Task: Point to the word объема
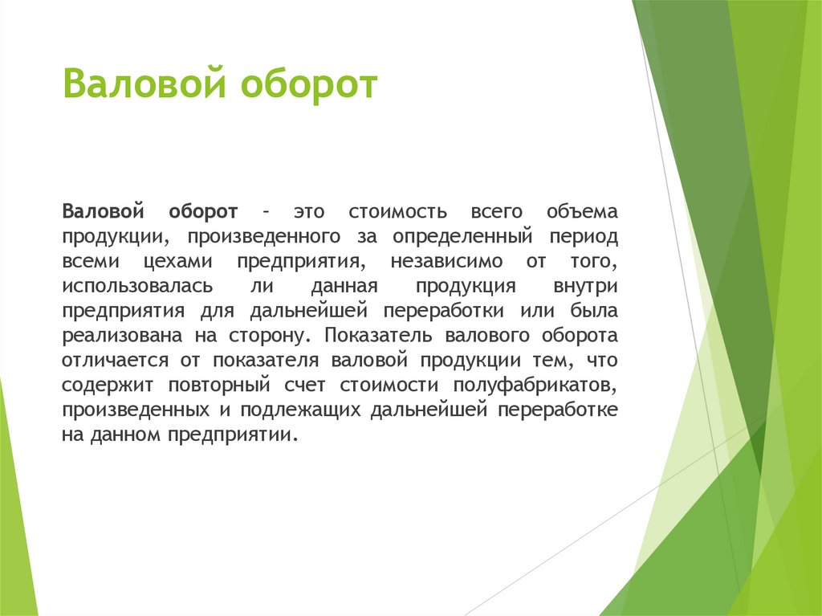click(x=583, y=212)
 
